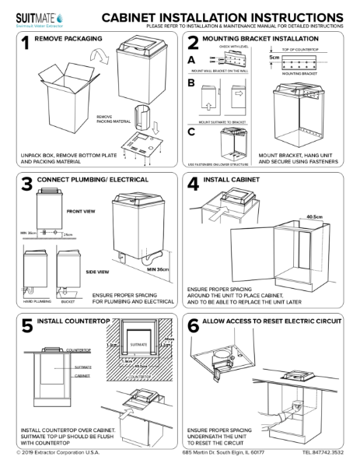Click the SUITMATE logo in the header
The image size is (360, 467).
coord(31,16)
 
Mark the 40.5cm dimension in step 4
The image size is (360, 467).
coord(314,217)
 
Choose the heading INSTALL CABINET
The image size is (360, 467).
coord(238,181)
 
